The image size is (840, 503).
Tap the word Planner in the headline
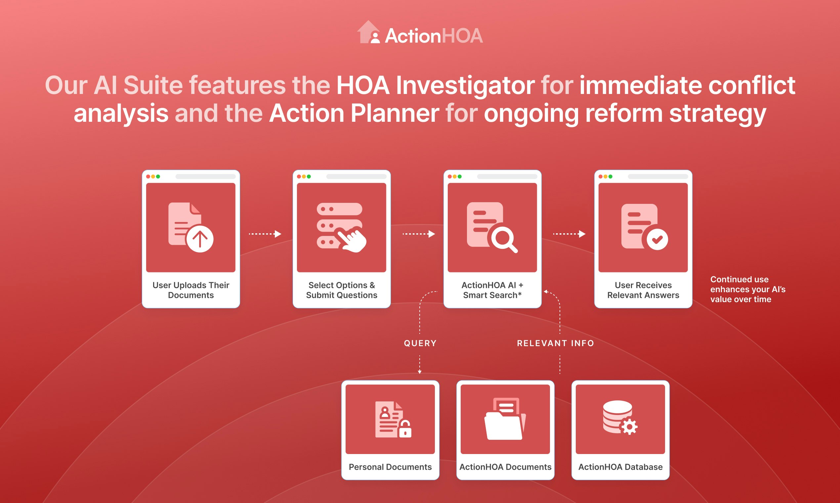(395, 114)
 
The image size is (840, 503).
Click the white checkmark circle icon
(657, 239)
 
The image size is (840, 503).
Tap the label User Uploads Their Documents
(191, 290)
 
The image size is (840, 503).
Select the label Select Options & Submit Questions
(341, 290)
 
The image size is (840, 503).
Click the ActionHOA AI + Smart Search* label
(492, 290)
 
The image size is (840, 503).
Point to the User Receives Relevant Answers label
(643, 290)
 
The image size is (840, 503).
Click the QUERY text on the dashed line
(420, 343)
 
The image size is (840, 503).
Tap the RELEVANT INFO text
(556, 343)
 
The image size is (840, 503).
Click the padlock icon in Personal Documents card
(405, 429)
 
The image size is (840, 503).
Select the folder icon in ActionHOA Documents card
(504, 419)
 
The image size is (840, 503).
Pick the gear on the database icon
(629, 427)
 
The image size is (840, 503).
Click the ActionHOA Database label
(620, 467)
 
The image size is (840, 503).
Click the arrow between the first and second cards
(265, 234)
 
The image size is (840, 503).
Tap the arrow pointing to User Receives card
(569, 234)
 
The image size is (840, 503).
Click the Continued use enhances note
(747, 289)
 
